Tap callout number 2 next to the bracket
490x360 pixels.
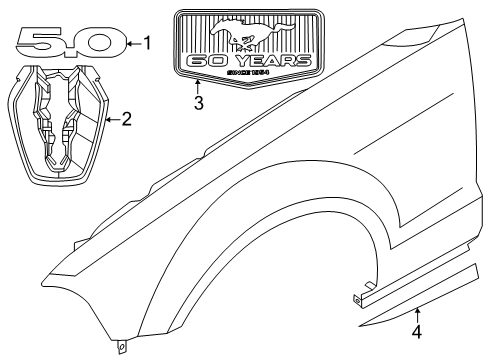127,120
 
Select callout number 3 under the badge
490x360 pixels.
198,102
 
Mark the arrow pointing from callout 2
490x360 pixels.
113,120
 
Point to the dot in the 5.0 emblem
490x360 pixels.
71,50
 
